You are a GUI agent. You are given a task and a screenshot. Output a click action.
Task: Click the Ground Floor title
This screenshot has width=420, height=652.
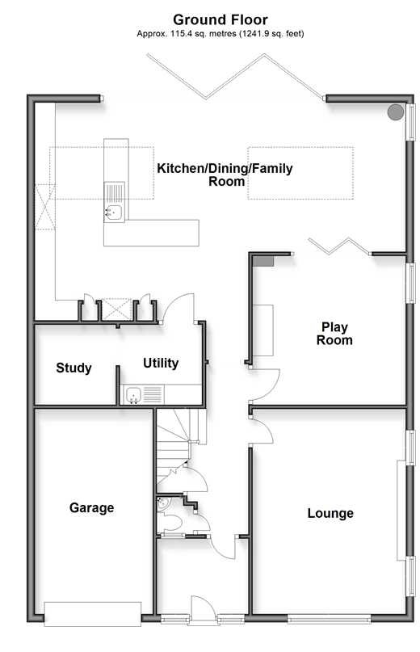[220, 19]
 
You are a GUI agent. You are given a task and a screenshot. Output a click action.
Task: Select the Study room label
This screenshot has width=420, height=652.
[73, 368]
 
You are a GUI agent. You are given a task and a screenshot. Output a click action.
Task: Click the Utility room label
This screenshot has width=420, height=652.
[161, 363]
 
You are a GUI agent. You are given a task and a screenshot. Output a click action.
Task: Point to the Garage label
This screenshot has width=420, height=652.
[91, 507]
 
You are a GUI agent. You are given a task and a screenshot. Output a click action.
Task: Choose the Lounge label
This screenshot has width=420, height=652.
[330, 513]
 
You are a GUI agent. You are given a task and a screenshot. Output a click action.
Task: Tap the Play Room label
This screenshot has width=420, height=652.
[334, 334]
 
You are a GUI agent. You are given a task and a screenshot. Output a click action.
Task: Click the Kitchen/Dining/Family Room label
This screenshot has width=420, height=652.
[225, 175]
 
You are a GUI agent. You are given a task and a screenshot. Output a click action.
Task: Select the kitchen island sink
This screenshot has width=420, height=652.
[114, 212]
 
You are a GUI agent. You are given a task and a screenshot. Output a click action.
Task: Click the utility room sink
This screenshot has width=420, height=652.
[134, 394]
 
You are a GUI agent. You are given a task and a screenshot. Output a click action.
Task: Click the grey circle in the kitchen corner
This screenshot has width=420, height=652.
[396, 111]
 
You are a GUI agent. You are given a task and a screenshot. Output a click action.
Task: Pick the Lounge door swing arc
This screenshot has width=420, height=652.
[262, 431]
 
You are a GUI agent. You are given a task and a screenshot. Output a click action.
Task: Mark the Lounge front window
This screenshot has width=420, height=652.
[329, 619]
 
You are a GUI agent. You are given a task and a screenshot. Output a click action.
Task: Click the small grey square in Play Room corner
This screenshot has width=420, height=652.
[262, 261]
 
